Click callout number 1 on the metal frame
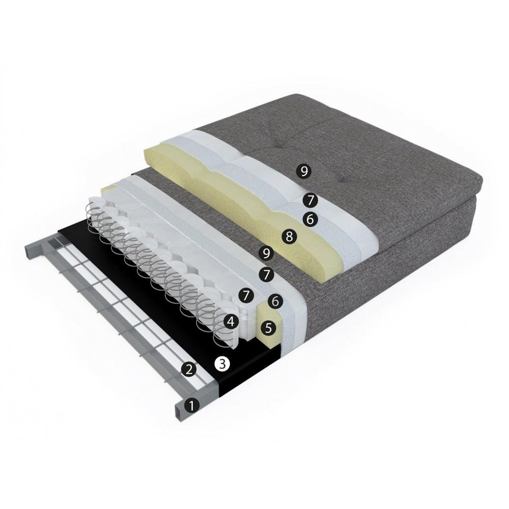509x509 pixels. (x=191, y=406)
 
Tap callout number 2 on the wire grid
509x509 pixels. (x=189, y=369)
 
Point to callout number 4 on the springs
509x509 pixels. (x=231, y=322)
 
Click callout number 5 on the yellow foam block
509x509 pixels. (x=268, y=328)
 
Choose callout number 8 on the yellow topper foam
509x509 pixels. (x=289, y=236)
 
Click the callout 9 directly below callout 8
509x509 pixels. (x=266, y=253)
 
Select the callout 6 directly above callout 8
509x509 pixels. (x=310, y=219)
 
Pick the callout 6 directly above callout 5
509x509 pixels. (x=275, y=301)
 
